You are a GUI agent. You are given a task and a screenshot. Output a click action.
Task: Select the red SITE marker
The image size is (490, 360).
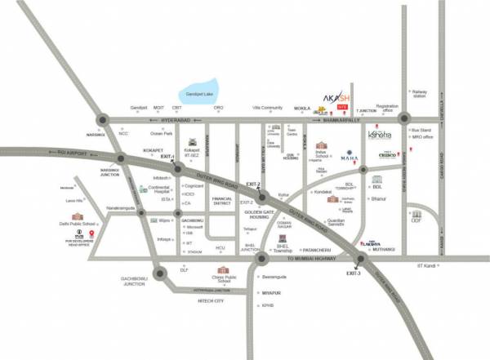tap(342, 106)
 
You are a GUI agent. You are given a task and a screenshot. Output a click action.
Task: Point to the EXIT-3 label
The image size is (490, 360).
tap(353, 272)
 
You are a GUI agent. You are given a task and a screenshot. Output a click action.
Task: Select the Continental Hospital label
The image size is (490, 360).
tap(163, 187)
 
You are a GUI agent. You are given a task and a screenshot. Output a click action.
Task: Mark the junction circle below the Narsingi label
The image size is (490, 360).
tap(101, 121)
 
